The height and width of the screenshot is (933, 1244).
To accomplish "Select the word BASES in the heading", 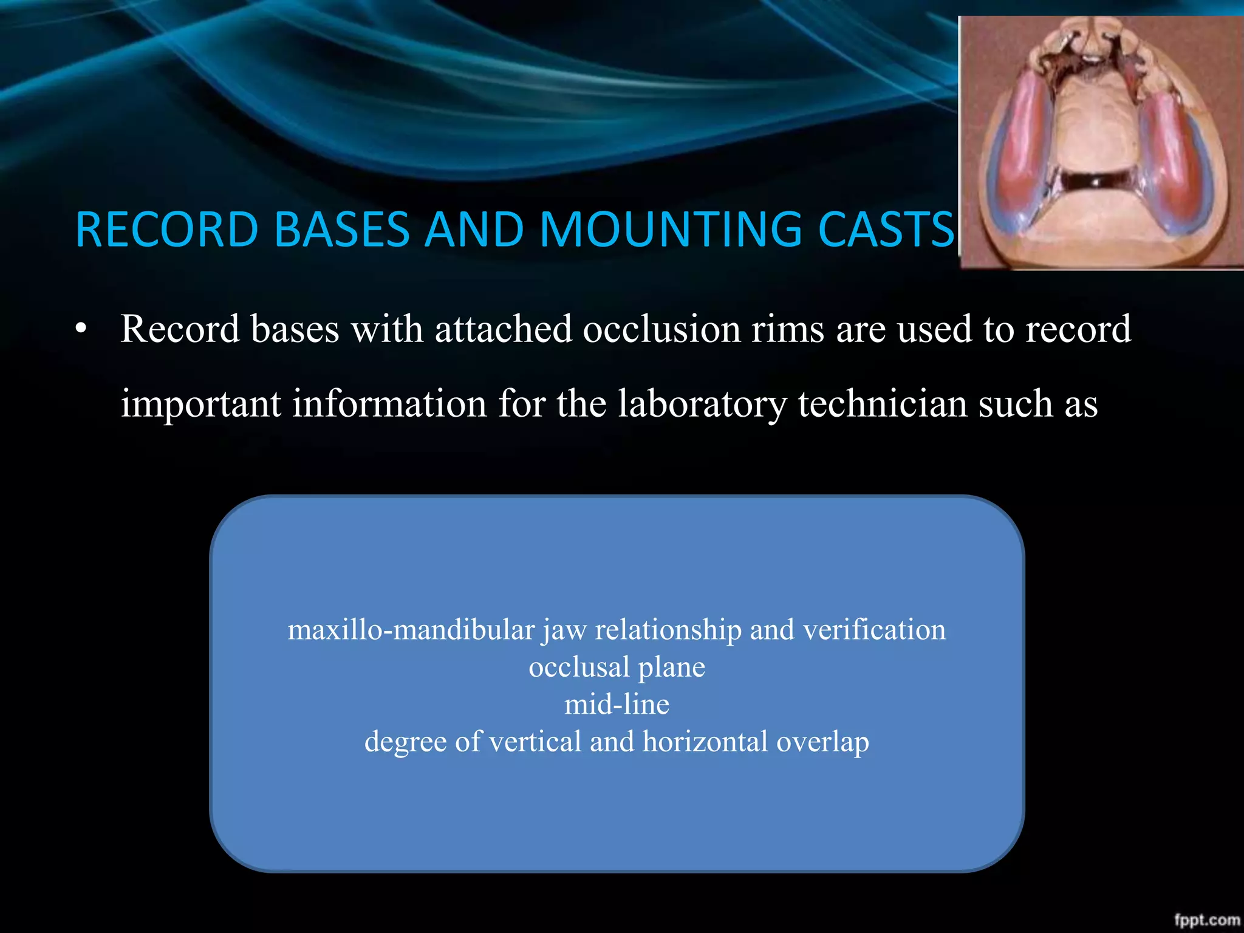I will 341,230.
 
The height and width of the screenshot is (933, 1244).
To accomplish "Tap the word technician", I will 882,404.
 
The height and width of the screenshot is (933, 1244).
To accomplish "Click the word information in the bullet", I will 389,404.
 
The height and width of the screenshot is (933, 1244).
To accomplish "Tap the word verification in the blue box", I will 874,630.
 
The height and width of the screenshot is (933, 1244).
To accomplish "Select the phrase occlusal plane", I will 617,668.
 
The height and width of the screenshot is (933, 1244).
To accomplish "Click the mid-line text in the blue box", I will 617,705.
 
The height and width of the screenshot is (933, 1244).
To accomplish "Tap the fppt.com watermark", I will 1206,920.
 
